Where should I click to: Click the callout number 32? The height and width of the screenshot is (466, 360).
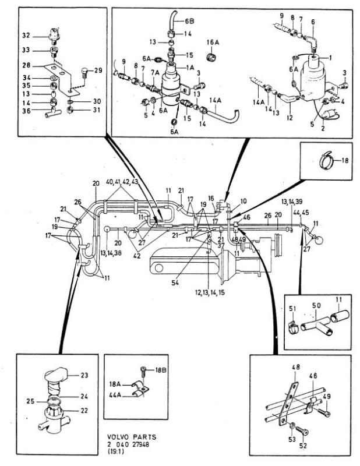[x=26, y=36]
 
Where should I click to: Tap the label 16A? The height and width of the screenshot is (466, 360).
[x=213, y=43]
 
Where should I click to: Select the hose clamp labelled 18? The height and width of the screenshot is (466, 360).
[x=326, y=159]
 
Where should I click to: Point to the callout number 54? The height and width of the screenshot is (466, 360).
[x=175, y=283]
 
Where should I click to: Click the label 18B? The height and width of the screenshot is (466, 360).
[x=161, y=370]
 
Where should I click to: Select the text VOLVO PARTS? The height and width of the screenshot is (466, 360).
[x=132, y=437]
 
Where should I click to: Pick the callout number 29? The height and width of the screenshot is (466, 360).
[x=98, y=70]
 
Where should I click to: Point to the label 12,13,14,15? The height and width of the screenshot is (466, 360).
[x=210, y=292]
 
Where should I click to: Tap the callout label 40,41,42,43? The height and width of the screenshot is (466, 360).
[x=122, y=182]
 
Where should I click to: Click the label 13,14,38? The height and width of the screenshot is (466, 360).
[x=111, y=253]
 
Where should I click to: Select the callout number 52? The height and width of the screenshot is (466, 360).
[x=303, y=446]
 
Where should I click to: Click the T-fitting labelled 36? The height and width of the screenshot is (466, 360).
[x=53, y=112]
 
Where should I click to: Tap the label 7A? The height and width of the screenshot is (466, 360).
[x=155, y=72]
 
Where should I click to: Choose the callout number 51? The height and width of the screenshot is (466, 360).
[x=292, y=309]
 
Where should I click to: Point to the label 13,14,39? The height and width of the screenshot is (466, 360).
[x=292, y=202]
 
